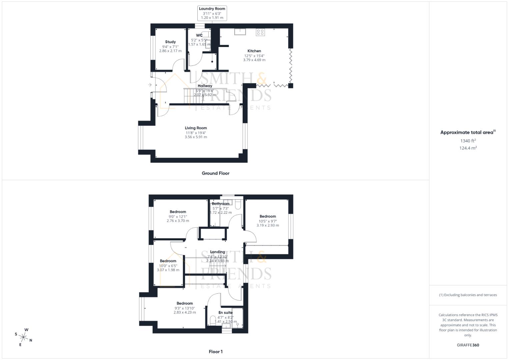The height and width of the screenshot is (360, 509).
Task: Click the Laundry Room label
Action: point(212,9)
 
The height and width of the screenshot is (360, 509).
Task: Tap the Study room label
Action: point(170,42)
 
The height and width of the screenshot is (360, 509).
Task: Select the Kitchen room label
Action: point(254,51)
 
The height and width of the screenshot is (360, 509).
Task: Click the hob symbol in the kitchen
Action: point(260,32)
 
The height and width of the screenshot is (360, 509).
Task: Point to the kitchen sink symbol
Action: point(240,32)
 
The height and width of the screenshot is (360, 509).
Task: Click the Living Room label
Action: point(196,128)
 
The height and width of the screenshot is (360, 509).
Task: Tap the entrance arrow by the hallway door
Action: point(150,85)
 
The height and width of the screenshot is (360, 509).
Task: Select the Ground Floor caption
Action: point(216,173)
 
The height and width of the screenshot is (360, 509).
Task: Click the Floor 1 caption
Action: point(216,352)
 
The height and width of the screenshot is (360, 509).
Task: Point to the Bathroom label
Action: point(221,204)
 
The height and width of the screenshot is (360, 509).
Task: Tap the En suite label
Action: point(226,313)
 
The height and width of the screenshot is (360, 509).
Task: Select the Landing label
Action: point(218,252)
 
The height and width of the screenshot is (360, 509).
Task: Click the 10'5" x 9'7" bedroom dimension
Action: point(268,221)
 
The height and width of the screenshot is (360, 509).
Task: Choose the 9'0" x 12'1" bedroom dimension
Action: point(178,216)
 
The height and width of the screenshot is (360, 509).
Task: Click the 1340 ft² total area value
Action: point(468,141)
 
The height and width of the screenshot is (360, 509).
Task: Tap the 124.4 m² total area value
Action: point(468,148)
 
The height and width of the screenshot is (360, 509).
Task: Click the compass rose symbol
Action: point(24,337)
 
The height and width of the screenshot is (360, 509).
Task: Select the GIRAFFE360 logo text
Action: point(468,345)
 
